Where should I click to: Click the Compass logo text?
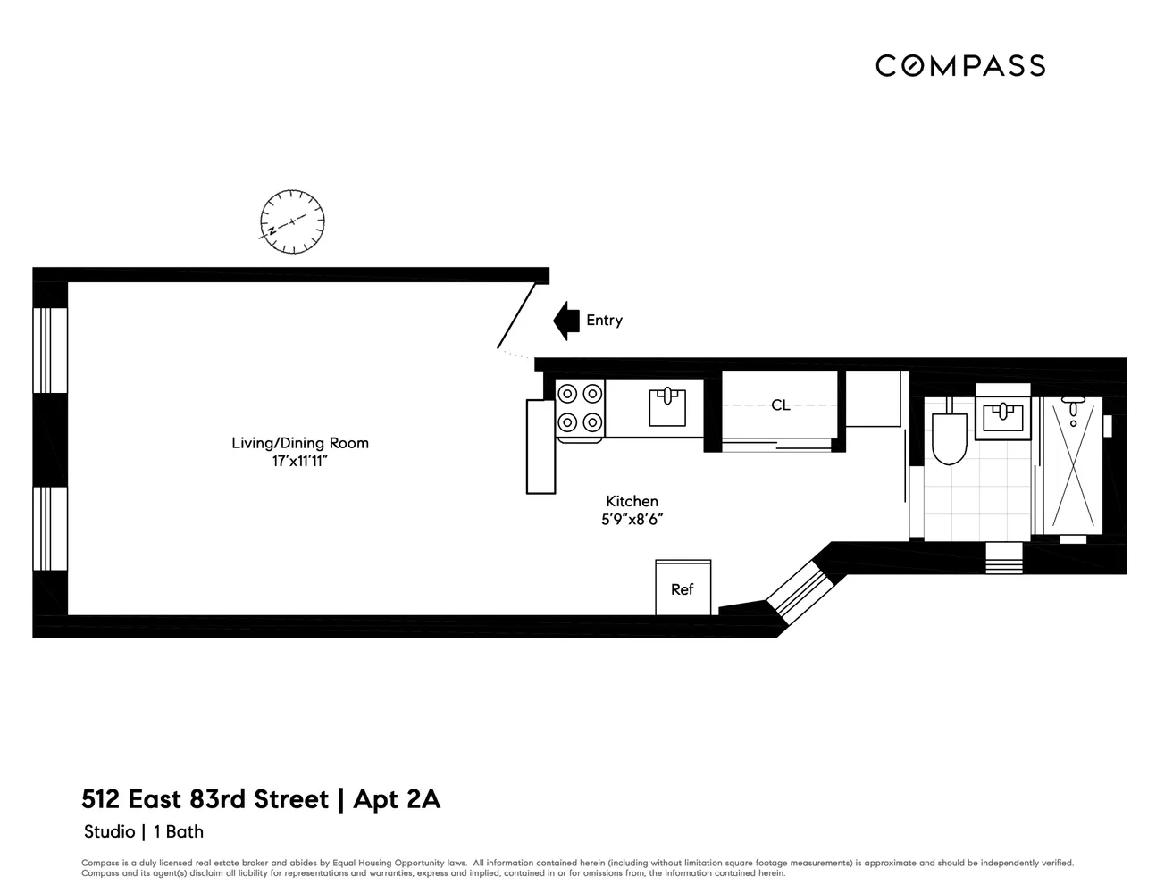coord(959,65)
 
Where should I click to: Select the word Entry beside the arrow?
coord(604,321)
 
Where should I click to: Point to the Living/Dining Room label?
coord(299,443)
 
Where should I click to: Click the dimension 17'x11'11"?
coord(299,462)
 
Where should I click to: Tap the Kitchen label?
coord(632,502)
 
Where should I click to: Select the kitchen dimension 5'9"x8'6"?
coord(632,520)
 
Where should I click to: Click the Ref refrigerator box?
coord(683,588)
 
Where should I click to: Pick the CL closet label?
coord(780,405)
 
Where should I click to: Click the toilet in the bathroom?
coord(948,438)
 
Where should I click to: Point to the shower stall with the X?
coord(1072,464)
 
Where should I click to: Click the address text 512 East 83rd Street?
coord(205,798)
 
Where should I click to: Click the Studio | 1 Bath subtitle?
coord(144,832)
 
